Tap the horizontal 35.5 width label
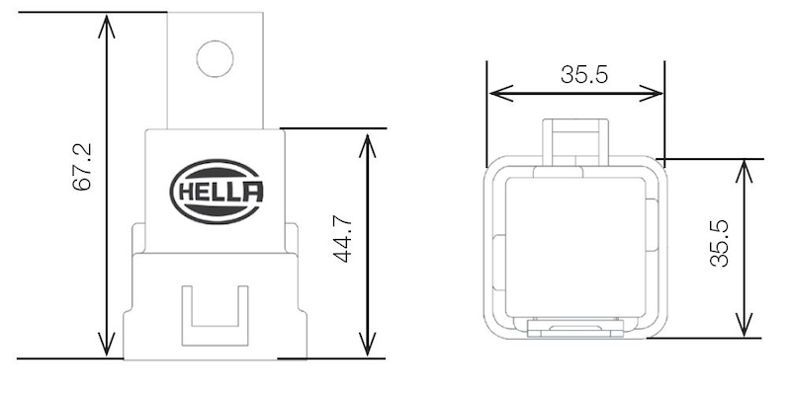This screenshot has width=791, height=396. tap(584, 75)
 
